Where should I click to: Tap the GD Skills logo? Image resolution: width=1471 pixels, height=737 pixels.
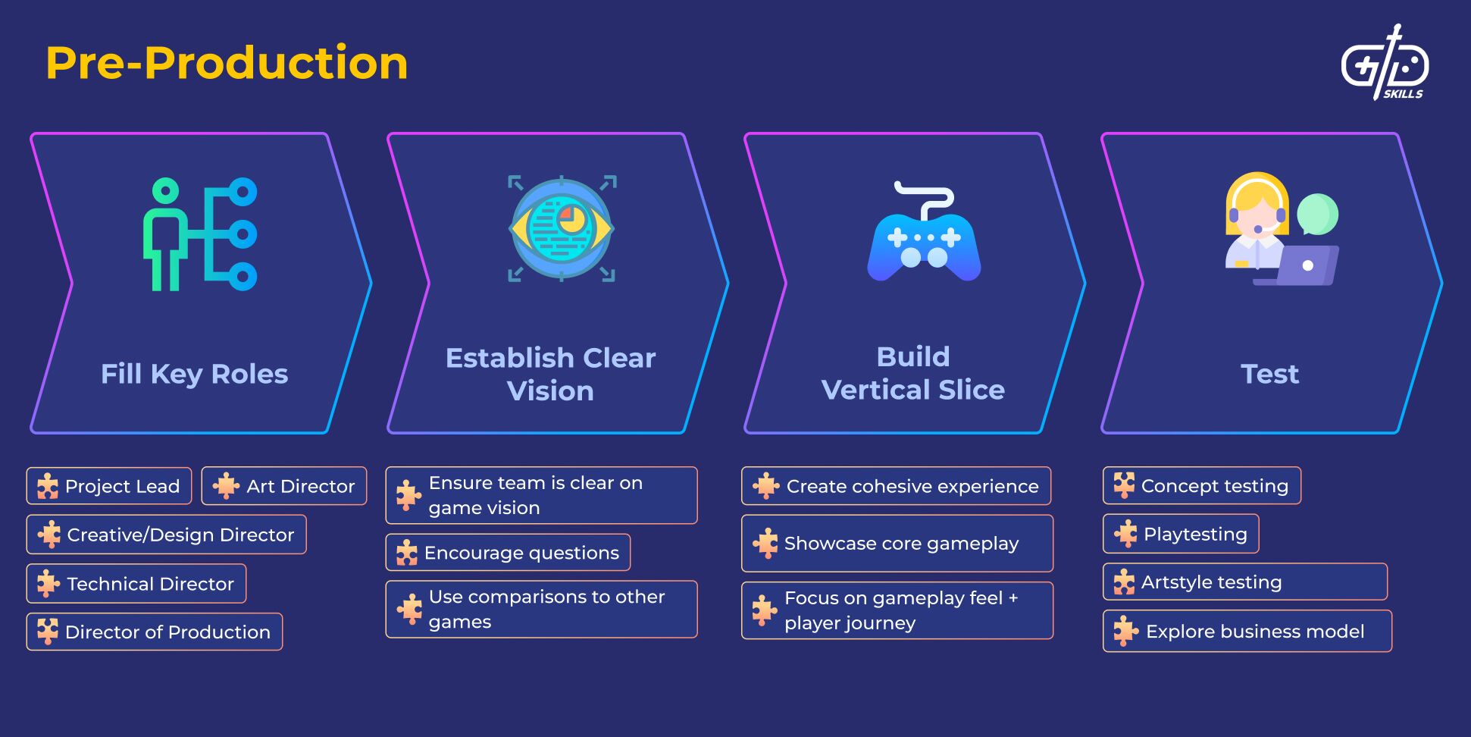[1385, 64]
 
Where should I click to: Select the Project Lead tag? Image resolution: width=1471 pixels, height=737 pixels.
[109, 486]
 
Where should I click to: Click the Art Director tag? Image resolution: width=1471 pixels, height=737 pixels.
[284, 486]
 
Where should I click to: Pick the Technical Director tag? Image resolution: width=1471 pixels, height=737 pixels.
[136, 584]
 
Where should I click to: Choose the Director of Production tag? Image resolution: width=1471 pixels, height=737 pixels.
[155, 632]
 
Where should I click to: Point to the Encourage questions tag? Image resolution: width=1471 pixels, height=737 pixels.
[508, 553]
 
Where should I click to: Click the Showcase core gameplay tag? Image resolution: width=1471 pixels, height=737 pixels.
[897, 544]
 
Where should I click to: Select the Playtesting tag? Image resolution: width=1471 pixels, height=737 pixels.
[1181, 534]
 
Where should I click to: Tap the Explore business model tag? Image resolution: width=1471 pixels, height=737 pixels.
[1247, 631]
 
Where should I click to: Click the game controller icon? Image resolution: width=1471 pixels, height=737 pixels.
[924, 235]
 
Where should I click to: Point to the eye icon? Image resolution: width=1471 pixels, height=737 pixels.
[562, 228]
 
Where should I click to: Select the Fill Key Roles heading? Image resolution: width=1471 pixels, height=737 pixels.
[195, 374]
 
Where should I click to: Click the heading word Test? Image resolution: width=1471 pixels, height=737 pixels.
[1270, 374]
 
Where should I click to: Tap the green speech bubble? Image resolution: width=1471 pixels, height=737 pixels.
[1317, 214]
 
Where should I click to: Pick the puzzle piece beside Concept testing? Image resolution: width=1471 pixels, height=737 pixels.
[1125, 485]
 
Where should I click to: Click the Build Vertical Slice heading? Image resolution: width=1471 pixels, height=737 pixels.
[913, 373]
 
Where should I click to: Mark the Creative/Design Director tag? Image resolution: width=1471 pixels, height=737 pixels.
[167, 535]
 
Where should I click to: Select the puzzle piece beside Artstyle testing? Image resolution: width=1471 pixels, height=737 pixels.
[1125, 582]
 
